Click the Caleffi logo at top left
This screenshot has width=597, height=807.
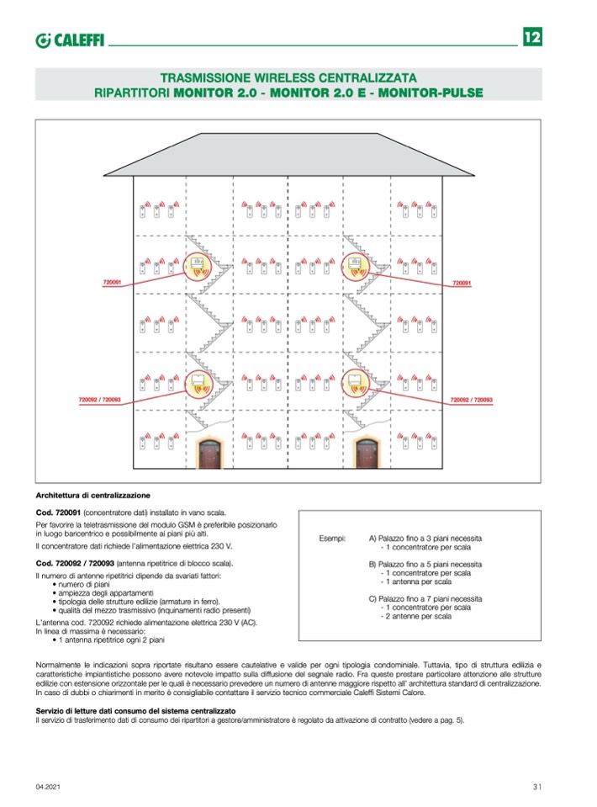[x=70, y=39]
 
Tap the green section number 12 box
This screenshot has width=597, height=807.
[x=532, y=37]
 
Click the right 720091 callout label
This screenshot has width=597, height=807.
[x=462, y=284]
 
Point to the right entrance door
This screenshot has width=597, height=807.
[x=367, y=459]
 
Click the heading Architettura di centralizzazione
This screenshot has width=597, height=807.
[x=93, y=496]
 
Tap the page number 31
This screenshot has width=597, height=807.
[x=536, y=787]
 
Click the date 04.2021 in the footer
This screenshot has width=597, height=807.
[x=47, y=787]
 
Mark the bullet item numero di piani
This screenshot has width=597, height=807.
[x=82, y=582]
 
